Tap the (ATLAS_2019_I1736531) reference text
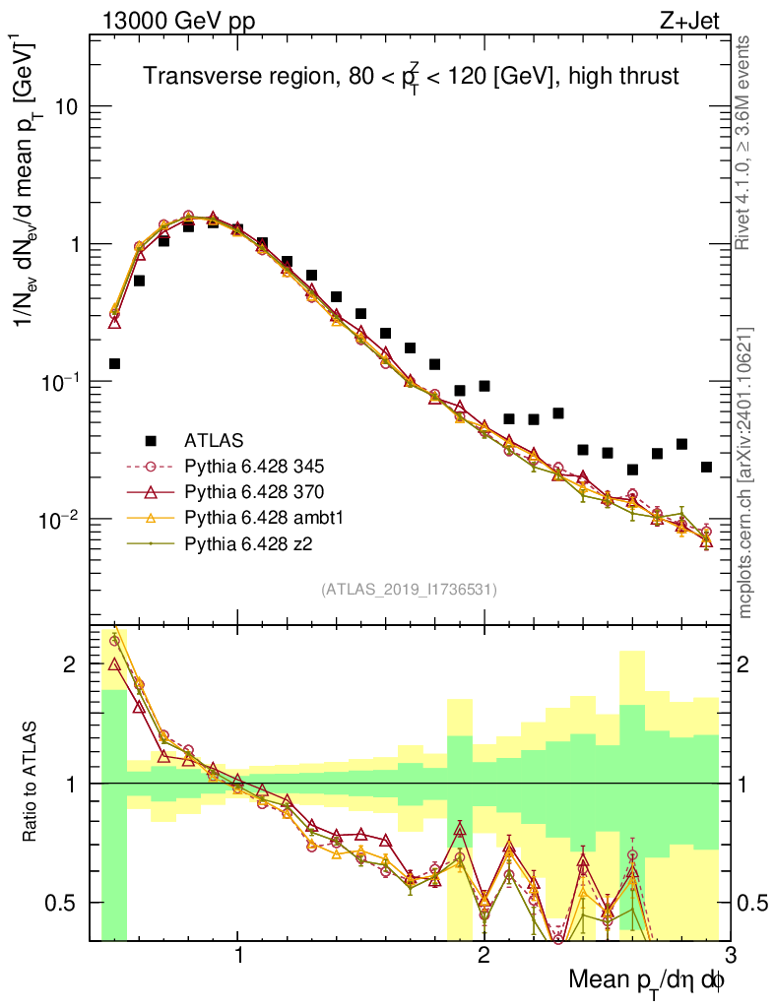click(409, 590)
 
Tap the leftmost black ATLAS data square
click(114, 363)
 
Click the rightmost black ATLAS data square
click(706, 467)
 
